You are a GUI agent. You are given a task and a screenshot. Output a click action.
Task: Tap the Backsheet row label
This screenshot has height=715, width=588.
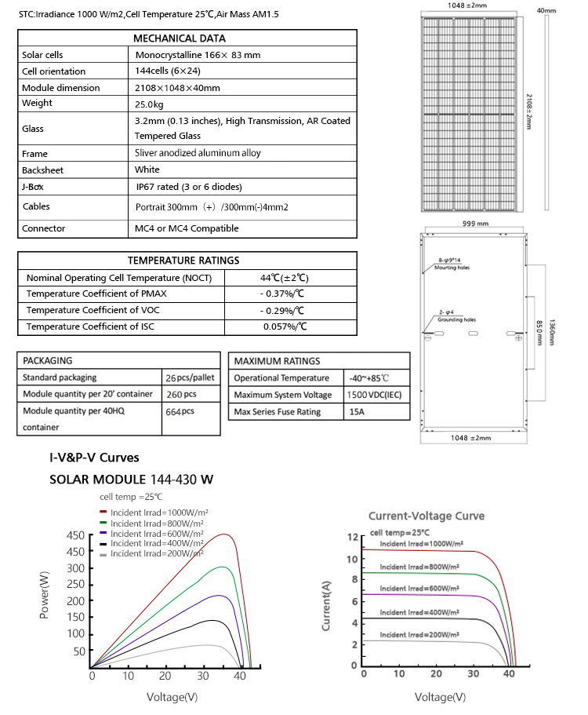42,170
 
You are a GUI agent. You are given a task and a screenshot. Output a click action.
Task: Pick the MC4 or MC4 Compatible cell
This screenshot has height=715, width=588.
187,228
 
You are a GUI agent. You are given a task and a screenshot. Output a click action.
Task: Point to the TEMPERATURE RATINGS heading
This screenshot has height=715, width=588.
183,261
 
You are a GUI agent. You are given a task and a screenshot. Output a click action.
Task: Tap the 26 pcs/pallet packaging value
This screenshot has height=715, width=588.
191,378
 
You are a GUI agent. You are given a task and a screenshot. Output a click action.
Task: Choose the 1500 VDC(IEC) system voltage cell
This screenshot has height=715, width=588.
373,395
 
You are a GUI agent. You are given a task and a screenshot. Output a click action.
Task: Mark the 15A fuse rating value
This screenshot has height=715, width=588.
356,412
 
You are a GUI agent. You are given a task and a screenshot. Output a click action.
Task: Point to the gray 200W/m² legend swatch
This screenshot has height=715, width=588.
103,554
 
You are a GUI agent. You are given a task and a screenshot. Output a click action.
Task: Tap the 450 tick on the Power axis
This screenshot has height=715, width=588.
75,536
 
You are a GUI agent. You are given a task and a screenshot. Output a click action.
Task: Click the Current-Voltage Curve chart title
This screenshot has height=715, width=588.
426,516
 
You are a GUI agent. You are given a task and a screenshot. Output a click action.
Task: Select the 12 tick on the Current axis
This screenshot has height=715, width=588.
353,538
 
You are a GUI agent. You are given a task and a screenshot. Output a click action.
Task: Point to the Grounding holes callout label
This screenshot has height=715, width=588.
456,320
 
